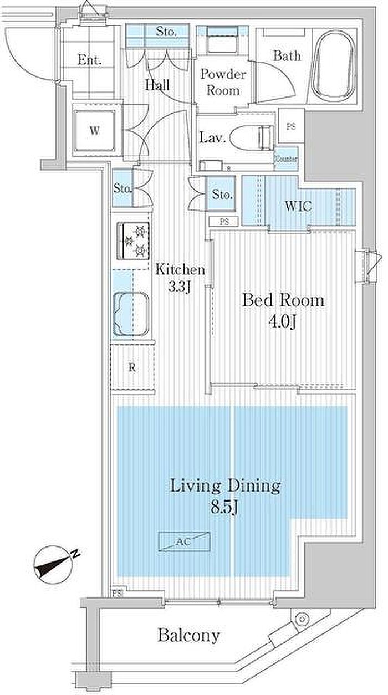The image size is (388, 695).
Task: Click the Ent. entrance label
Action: pos(89,59)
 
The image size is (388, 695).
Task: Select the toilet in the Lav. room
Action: pos(252,138)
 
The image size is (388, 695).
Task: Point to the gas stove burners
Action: pos(133,241)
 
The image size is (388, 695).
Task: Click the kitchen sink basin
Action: pos(131,314)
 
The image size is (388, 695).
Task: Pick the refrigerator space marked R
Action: pos(132,368)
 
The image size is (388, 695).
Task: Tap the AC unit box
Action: pos(184,541)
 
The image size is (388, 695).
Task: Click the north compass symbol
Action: pos(56,564)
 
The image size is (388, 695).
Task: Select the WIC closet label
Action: pos(298,206)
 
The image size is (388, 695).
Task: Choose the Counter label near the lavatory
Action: pos(287,159)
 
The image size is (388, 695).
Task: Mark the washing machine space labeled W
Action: pos(95,130)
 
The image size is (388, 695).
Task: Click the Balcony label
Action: pos(188,635)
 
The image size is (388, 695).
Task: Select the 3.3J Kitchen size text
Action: pos(180,287)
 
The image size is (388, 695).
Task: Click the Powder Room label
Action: pos(223,82)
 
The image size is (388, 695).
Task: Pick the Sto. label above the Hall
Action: pos(166,32)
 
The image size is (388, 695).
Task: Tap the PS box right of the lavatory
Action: pos(291,126)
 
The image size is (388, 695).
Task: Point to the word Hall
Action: pos(157,85)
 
